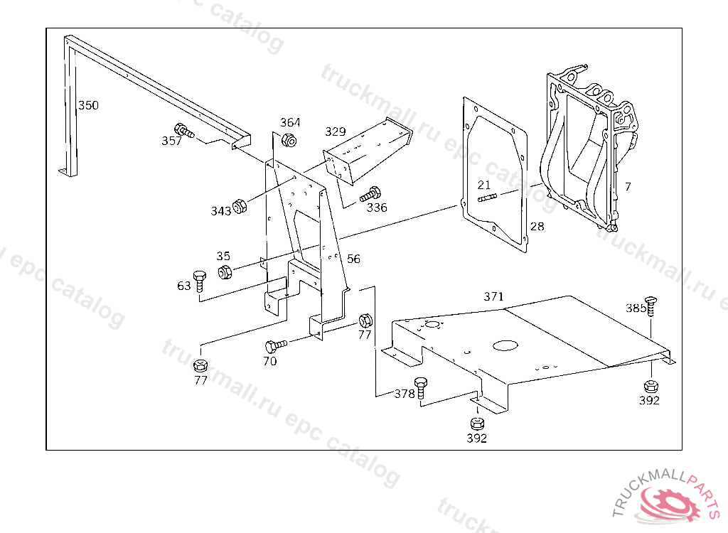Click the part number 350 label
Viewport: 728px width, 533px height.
(88, 105)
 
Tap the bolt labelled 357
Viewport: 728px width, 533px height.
(184, 131)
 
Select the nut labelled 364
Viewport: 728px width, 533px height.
(289, 139)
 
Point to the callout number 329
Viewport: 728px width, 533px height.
(336, 132)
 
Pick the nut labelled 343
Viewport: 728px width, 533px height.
(239, 205)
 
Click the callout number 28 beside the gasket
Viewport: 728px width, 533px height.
(537, 227)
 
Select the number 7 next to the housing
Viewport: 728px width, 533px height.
(628, 187)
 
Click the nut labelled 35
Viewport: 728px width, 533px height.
(225, 271)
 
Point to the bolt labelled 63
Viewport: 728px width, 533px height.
(200, 281)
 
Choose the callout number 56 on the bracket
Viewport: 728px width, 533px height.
(353, 259)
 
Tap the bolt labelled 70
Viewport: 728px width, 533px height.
(276, 346)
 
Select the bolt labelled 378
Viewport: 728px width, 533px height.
(421, 388)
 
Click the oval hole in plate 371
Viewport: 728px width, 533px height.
(505, 345)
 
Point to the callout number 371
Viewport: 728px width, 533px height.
(493, 296)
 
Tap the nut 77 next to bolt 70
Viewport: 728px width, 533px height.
(365, 321)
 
